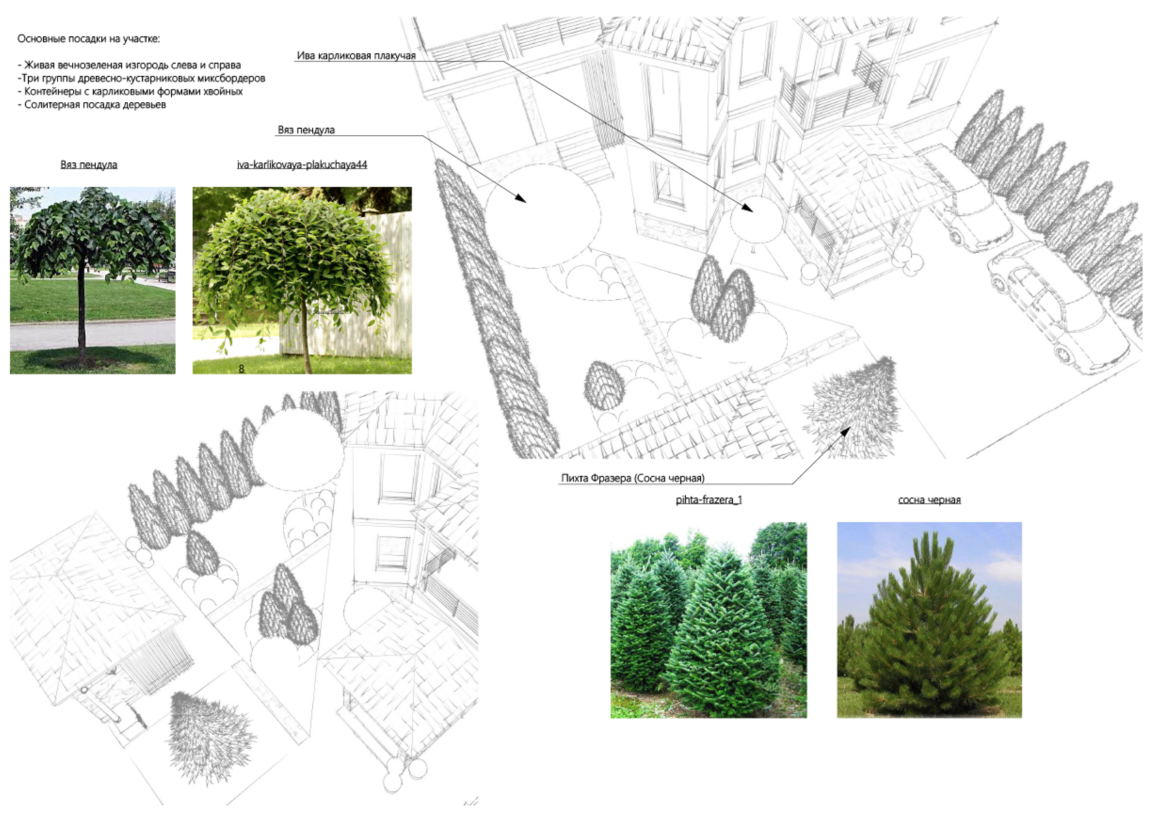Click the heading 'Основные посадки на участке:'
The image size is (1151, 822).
click(89, 39)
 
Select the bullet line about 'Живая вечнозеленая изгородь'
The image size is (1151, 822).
click(129, 65)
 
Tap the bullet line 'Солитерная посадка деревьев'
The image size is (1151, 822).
click(92, 105)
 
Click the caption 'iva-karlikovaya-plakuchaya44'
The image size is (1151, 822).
click(302, 165)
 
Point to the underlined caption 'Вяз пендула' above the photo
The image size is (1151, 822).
click(89, 165)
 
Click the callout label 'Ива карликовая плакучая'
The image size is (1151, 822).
click(356, 55)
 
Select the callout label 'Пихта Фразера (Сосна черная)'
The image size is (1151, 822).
click(632, 478)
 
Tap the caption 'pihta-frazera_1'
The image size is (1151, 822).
click(708, 499)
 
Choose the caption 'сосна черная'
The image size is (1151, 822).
click(929, 500)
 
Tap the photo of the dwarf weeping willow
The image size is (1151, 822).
click(302, 280)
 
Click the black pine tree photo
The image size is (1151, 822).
click(930, 619)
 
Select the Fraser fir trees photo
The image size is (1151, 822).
click(708, 619)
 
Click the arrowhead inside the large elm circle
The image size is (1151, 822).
click(521, 199)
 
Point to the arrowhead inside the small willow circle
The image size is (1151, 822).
click(747, 208)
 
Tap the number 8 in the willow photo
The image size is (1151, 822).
click(241, 369)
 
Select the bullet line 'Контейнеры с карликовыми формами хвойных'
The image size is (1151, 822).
click(130, 92)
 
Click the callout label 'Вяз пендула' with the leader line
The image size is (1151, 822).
click(306, 130)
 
